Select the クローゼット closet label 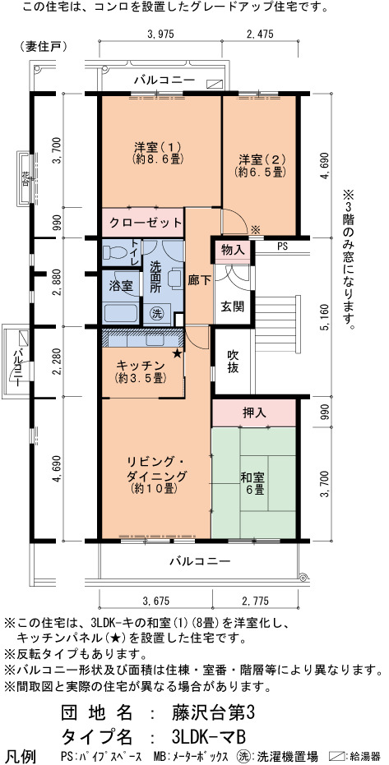coord(145,224)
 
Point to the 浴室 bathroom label coord(121,286)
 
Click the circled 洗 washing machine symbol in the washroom coord(156,311)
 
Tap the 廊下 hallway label coord(199,282)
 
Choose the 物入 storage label coord(233,251)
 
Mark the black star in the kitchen coord(177,353)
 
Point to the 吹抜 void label coord(234,362)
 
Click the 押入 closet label coord(254,412)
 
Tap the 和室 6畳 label coord(252,483)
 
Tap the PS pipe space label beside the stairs coord(283,247)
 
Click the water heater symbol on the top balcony coord(214,84)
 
